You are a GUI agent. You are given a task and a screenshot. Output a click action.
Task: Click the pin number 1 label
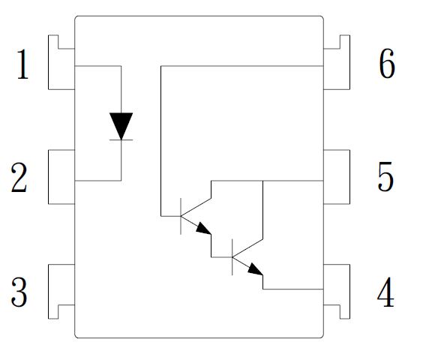(x=22, y=64)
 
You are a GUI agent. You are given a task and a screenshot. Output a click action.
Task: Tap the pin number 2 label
(x=19, y=178)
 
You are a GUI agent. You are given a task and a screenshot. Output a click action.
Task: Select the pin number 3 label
(x=19, y=292)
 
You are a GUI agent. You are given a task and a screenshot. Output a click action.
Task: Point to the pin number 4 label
(x=385, y=292)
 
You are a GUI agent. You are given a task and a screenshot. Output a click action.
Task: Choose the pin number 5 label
(x=385, y=176)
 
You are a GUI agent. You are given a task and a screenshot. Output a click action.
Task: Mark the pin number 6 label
(x=387, y=64)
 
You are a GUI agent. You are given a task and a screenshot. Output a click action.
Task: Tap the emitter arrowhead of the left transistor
(x=204, y=228)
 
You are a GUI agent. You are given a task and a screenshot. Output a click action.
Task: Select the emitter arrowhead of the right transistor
(x=256, y=269)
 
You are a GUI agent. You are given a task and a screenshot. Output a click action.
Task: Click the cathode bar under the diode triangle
(x=121, y=139)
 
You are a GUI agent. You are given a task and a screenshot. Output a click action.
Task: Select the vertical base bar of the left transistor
(x=181, y=216)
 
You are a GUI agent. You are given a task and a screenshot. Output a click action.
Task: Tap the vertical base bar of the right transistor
(x=232, y=257)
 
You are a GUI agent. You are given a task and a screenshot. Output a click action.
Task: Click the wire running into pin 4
(x=293, y=289)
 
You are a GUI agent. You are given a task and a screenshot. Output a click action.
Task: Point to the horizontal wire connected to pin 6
(x=242, y=66)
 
